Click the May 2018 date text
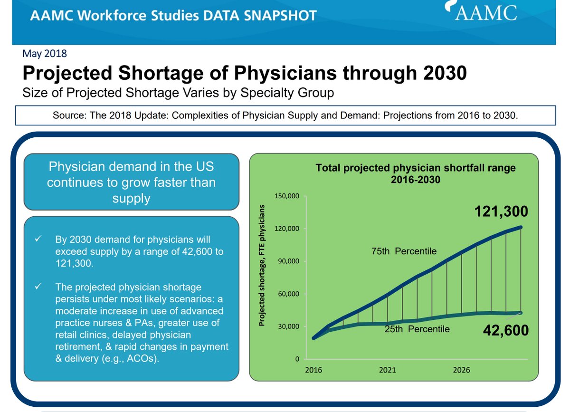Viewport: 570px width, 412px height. [45, 53]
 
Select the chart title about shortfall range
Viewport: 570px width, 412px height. [416, 173]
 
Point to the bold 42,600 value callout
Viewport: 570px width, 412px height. [505, 330]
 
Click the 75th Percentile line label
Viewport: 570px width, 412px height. [404, 251]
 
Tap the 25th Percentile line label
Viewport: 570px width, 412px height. [417, 329]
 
